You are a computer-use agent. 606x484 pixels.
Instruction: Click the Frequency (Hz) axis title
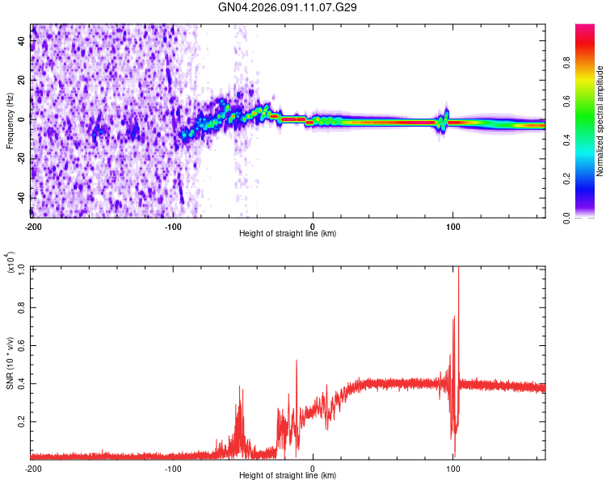coord(10,120)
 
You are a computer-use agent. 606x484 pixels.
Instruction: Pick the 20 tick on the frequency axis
coord(22,79)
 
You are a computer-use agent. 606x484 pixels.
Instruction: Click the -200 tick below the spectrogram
coord(33,227)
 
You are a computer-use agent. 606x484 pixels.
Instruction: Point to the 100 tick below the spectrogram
coord(453,227)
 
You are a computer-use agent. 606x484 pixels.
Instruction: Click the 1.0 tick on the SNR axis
coord(22,267)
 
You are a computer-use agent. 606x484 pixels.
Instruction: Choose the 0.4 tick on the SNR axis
coord(22,383)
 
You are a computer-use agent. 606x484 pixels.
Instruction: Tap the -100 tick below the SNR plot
coord(173,469)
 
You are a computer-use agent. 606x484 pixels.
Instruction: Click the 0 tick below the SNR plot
coord(314,469)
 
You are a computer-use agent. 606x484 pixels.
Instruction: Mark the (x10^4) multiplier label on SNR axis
coord(12,263)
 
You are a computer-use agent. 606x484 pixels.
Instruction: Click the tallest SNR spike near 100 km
coord(458,271)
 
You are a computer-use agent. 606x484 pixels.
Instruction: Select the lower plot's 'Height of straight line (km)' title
coord(288,477)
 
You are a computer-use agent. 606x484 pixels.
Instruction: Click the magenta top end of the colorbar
coord(585,27)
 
